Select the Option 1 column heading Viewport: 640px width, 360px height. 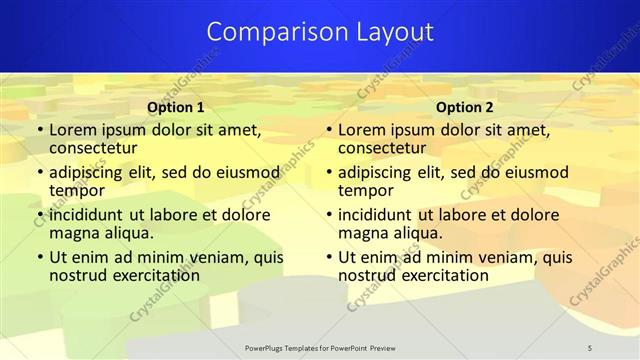tap(176, 107)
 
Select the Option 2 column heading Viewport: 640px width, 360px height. tap(465, 107)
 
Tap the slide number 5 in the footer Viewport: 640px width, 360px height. tap(590, 347)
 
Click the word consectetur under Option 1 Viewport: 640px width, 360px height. tap(93, 149)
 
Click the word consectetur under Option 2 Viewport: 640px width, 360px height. tap(382, 149)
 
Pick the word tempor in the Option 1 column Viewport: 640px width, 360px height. tap(77, 191)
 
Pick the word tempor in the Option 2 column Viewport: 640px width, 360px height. tap(366, 191)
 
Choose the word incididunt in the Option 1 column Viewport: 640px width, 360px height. tap(88, 214)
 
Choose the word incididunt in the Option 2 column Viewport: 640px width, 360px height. tap(377, 214)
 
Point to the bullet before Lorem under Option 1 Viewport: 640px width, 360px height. tap(39, 130)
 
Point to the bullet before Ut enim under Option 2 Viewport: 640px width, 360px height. tap(328, 256)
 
